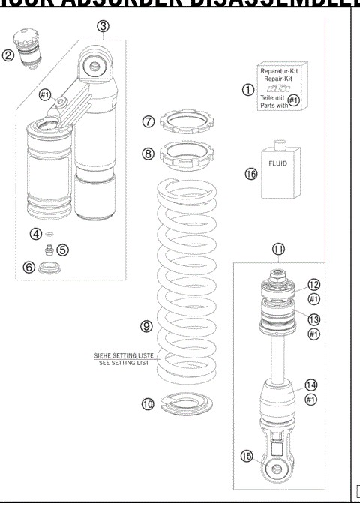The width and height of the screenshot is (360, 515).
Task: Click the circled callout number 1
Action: tap(248, 90)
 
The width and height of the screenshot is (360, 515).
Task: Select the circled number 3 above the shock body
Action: tap(103, 27)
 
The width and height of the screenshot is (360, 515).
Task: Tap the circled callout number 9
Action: tap(147, 326)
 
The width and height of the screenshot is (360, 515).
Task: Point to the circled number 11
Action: tap(278, 249)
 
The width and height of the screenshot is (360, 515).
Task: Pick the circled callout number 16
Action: tap(250, 174)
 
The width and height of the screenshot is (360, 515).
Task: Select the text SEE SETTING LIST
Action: tap(121, 363)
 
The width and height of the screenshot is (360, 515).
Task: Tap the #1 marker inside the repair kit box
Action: tap(294, 100)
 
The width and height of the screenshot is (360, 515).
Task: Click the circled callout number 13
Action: tap(313, 319)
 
